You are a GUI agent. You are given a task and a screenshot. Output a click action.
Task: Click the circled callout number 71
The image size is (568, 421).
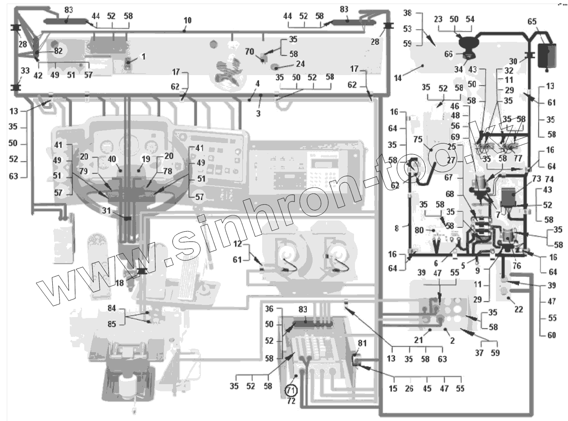point(291,390)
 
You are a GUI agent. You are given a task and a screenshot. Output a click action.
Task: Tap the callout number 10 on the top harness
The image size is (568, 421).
point(187,20)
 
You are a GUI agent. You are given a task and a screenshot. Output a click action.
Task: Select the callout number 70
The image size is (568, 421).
point(250,51)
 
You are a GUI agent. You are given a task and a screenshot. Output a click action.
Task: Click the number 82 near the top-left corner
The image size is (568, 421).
point(58,51)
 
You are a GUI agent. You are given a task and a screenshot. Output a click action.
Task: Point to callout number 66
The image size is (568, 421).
point(448,54)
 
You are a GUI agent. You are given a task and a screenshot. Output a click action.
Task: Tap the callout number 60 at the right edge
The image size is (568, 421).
point(552,335)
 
